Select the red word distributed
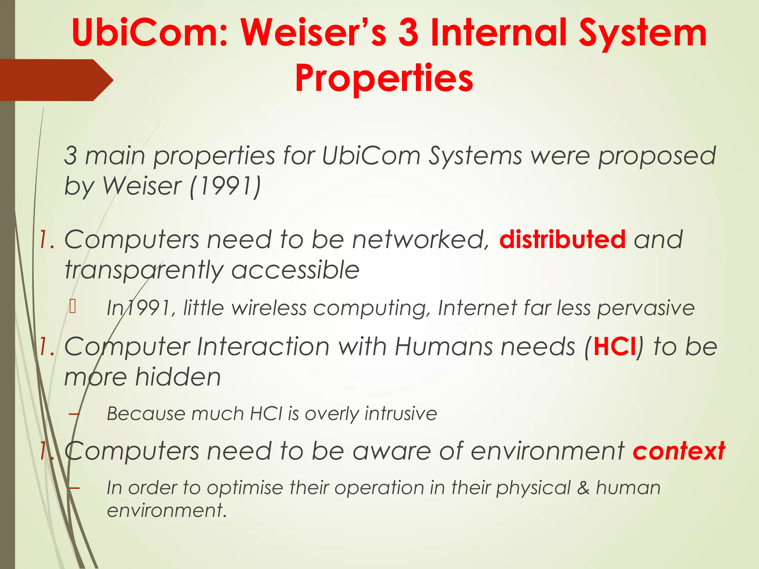point(562,239)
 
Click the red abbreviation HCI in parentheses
point(615,347)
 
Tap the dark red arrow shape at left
point(56,80)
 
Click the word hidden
point(178,377)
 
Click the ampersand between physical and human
point(583,488)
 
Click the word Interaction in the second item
point(263,347)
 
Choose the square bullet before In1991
point(73,307)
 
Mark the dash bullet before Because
point(74,413)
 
